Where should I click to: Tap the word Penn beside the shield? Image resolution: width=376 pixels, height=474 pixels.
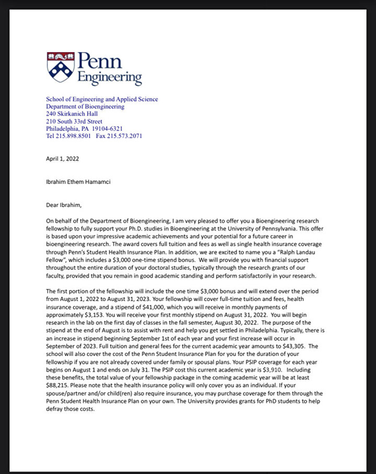[99, 62]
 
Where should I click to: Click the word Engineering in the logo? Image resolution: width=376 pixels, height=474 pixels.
[110, 78]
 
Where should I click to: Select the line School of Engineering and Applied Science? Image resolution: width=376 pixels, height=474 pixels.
[102, 99]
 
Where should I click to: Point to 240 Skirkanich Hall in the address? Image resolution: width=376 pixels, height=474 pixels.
[72, 114]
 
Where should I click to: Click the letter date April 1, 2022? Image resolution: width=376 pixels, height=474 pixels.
[63, 159]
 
